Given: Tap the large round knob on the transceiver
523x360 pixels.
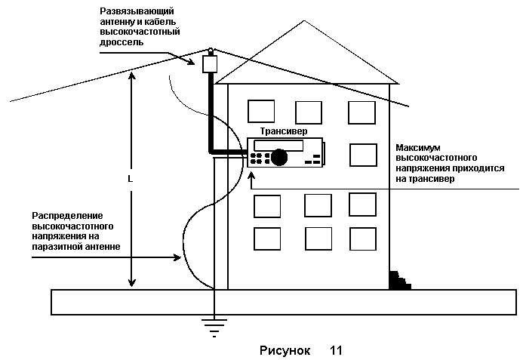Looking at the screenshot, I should coord(280,157).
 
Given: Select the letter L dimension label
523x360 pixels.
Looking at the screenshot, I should coord(131,180).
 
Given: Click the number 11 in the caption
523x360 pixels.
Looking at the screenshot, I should coord(336,351).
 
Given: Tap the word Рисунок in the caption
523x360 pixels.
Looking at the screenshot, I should coord(285,351).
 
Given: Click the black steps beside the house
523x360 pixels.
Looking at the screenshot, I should coord(398,280).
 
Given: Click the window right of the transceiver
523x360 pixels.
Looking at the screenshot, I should coord(363,155).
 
